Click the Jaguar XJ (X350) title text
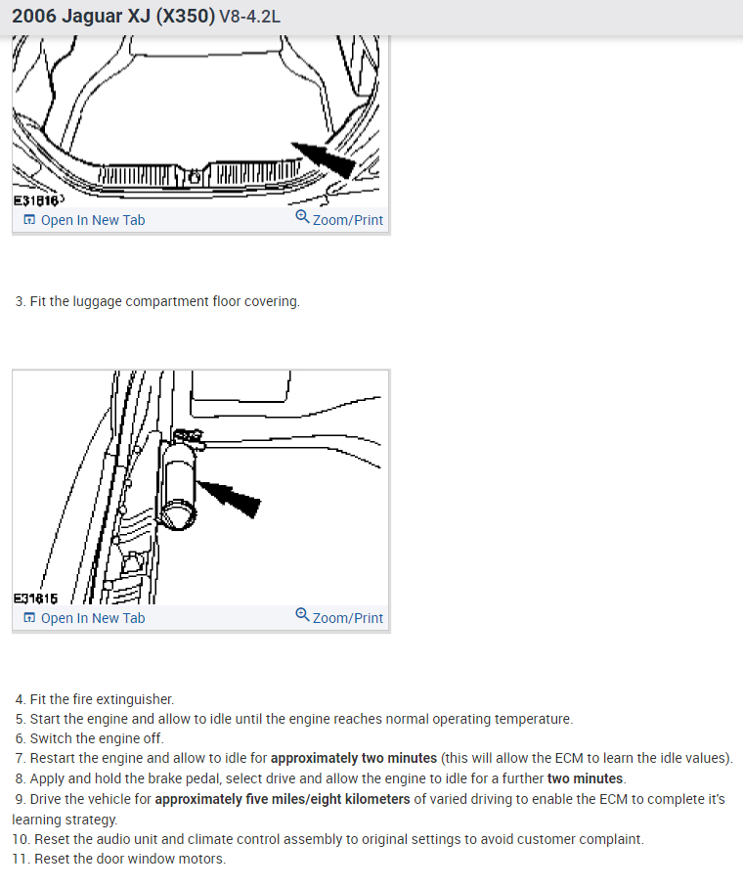point(111,17)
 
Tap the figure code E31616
point(33,200)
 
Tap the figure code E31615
point(35,598)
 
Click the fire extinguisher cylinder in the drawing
point(181,479)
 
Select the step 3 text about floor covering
point(157,301)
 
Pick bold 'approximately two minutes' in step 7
point(353,758)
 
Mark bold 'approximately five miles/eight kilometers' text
point(284,799)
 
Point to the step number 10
point(20,840)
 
